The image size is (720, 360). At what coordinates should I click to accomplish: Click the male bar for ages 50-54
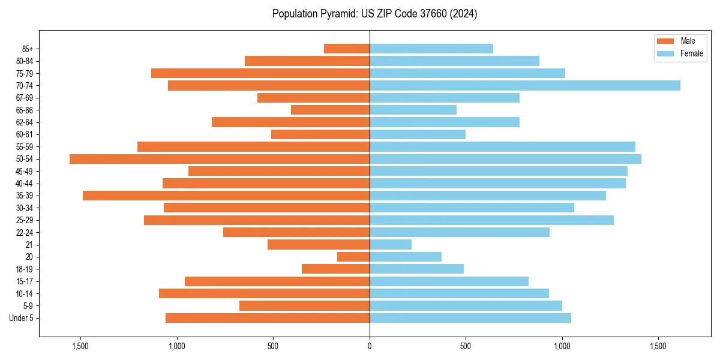[x=219, y=159]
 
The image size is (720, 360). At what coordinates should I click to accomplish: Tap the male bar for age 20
[x=353, y=257]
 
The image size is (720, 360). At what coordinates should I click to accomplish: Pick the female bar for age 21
[x=391, y=245]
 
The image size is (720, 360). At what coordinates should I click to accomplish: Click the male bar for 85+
[x=347, y=49]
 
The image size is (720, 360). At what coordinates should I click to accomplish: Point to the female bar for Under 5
[x=470, y=318]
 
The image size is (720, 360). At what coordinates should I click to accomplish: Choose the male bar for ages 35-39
[x=226, y=196]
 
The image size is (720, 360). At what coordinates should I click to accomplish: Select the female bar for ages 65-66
[x=413, y=110]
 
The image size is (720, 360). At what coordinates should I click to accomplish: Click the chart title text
[x=374, y=14]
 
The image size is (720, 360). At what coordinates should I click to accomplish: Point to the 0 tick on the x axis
[x=370, y=346]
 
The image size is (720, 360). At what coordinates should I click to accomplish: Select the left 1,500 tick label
[x=80, y=346]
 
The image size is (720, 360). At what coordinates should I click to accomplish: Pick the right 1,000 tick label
[x=562, y=346]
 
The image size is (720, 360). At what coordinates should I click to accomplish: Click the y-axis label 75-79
[x=25, y=73]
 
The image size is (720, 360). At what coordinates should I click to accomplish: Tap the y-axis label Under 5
[x=22, y=318]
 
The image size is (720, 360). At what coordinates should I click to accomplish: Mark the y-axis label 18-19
[x=25, y=269]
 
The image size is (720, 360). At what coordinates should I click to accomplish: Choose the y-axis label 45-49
[x=25, y=171]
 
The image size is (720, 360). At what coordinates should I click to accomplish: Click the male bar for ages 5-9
[x=304, y=306]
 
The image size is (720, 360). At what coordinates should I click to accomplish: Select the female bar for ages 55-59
[x=502, y=146]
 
